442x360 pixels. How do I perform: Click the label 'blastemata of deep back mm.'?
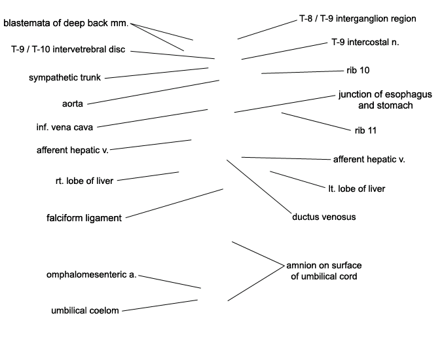tap(66, 23)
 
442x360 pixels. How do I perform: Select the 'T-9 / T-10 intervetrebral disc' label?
tap(68, 49)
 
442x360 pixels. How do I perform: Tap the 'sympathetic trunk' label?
tap(65, 78)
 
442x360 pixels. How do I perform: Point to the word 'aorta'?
tap(73, 104)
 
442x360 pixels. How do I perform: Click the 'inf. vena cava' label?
tap(65, 128)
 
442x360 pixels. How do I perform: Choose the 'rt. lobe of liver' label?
tap(84, 181)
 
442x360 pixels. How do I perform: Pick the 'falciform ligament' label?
tap(84, 218)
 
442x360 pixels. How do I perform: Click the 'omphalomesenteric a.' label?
tap(91, 275)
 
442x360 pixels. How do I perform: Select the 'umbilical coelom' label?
tap(85, 311)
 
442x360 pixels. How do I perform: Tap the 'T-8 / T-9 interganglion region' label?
tap(358, 19)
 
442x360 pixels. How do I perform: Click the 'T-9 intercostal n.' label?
tap(365, 43)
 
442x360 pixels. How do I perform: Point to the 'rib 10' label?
tap(358, 71)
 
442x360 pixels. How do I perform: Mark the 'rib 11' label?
tap(365, 131)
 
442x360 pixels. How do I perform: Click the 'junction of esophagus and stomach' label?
tap(385, 100)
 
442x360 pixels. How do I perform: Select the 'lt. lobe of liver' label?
tap(357, 189)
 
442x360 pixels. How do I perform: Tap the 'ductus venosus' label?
tap(324, 217)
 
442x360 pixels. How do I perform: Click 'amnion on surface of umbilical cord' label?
tap(324, 271)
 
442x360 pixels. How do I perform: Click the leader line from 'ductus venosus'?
tap(259, 187)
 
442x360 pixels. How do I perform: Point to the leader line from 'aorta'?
tap(153, 92)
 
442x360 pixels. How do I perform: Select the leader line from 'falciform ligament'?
tap(174, 203)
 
